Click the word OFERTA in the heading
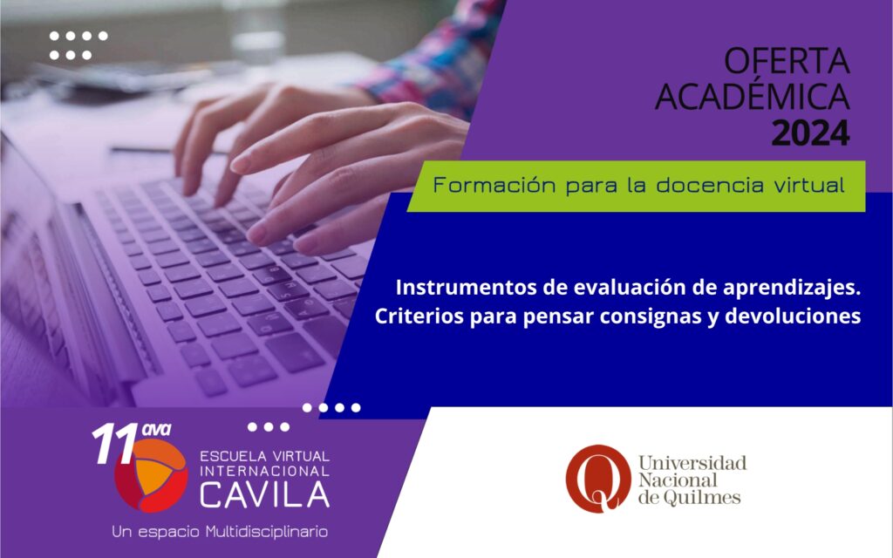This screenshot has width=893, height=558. (787, 62)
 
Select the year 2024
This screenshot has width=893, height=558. (810, 133)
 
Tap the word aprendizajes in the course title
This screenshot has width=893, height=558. (788, 289)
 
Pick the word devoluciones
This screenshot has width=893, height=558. (792, 316)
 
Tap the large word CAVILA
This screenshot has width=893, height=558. (264, 494)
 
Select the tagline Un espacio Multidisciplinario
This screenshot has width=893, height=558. (220, 532)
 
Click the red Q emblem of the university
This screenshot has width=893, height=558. (598, 479)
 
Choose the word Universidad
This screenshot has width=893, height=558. (692, 463)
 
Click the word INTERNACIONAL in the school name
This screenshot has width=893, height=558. (264, 472)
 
